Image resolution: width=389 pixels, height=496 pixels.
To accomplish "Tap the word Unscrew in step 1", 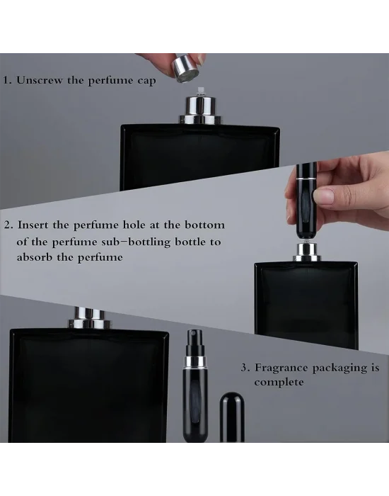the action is pos(40,79).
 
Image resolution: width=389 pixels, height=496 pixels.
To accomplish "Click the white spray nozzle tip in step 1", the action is pos(200,92).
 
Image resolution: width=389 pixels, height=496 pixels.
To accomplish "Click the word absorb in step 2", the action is pos(35,257).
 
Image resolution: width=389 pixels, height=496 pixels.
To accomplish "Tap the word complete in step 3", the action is pos(279,382).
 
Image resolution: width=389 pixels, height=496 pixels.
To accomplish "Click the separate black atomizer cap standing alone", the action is pos(232,417).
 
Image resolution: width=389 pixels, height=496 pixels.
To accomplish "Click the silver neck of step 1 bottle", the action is pos(201,111).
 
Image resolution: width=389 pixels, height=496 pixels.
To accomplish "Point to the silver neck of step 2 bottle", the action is pos(306,252).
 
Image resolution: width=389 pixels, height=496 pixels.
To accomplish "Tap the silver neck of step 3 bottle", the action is pos(90,318).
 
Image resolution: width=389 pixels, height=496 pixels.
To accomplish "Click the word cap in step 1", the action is pos(146,81).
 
